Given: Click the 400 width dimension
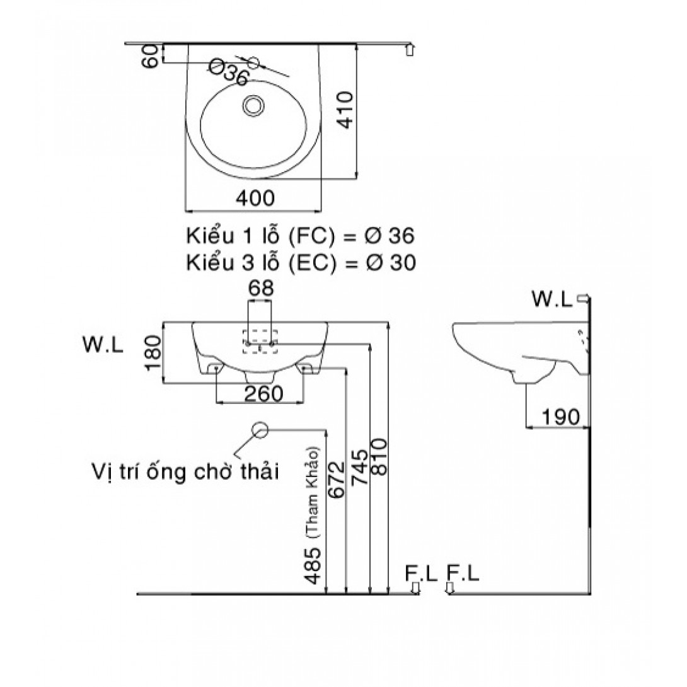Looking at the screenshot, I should tap(255, 199).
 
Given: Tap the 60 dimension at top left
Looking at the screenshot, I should tap(150, 54).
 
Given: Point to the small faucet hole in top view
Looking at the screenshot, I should tap(254, 62).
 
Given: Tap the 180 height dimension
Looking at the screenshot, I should tap(153, 352).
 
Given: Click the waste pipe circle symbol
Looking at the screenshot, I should tap(260, 430).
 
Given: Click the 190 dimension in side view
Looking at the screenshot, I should tap(560, 417).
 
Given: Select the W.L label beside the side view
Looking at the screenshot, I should tap(552, 299).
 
